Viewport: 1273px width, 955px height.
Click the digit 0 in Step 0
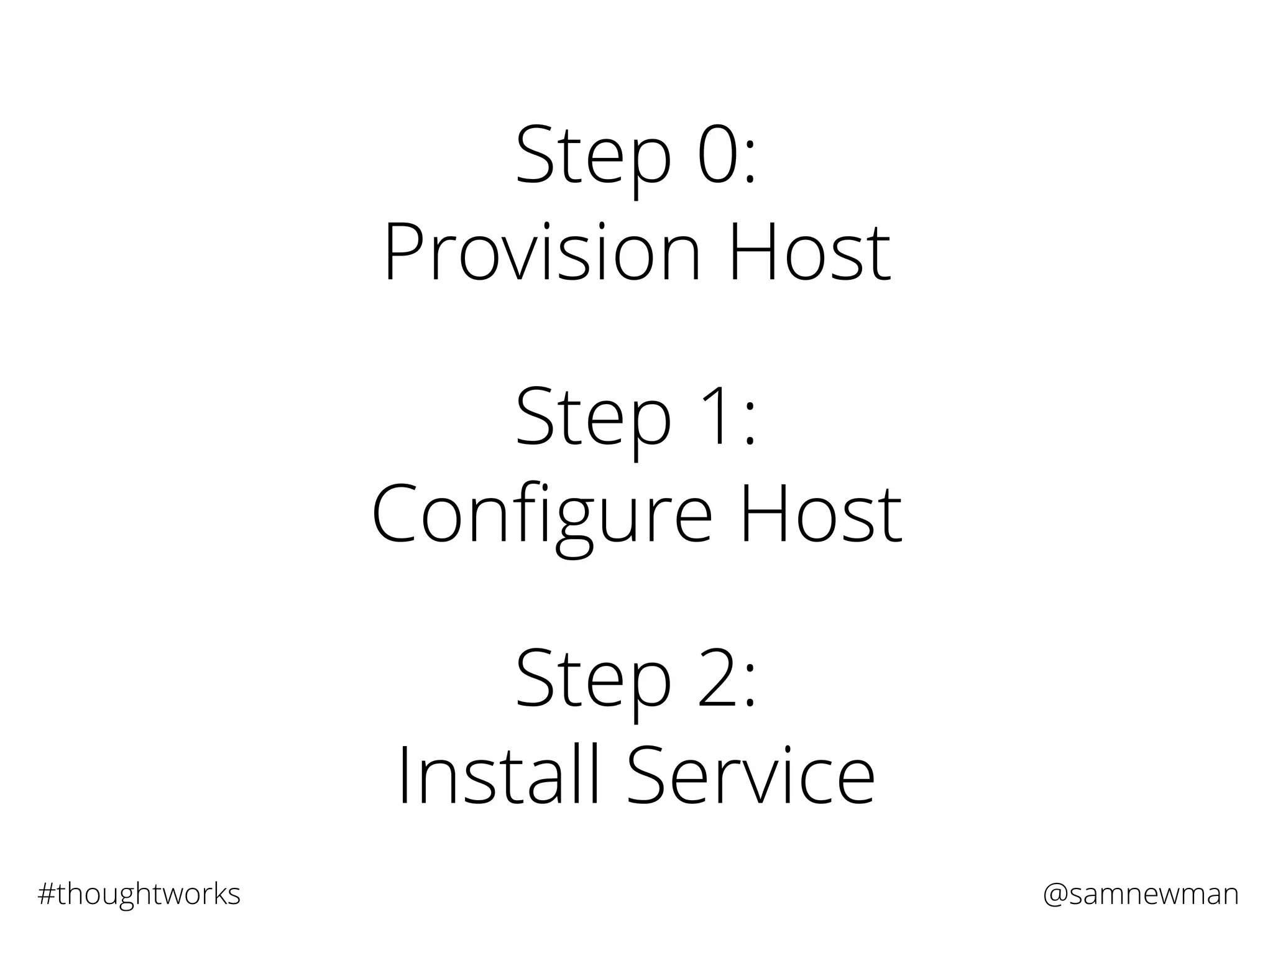click(x=719, y=155)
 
